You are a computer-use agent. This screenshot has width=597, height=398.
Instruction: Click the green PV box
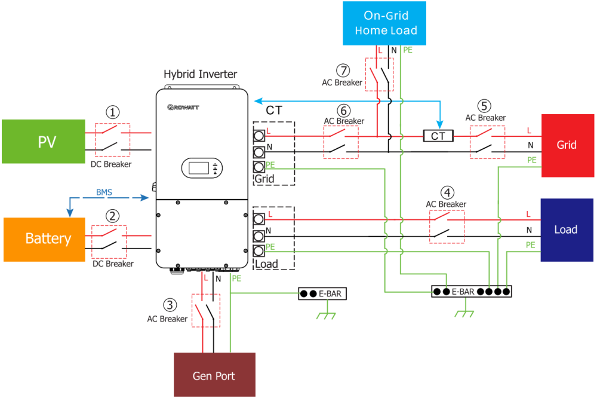[43, 142]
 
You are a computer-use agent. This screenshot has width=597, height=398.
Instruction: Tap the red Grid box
[567, 145]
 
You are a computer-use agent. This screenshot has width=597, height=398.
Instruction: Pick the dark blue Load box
[567, 230]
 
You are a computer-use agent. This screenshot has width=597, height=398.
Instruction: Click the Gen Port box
[214, 375]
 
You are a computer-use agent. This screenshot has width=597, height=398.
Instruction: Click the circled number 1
[113, 112]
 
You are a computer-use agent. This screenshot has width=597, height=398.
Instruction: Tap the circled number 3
[170, 305]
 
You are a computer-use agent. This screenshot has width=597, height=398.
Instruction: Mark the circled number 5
[484, 106]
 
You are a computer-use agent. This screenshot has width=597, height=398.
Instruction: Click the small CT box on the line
[438, 136]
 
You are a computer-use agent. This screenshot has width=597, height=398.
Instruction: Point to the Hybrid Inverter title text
[201, 75]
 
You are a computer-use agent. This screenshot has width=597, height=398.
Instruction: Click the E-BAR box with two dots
[321, 293]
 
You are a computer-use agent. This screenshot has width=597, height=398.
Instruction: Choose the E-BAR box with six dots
[471, 292]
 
